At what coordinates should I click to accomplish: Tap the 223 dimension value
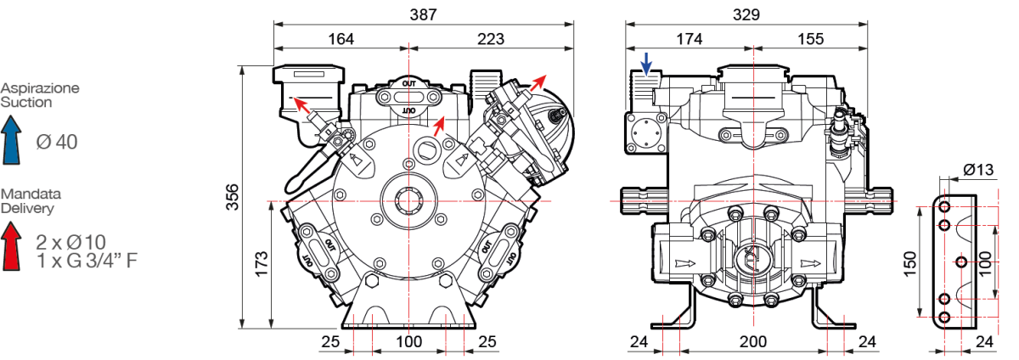[490, 38]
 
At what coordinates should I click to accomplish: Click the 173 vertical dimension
[262, 264]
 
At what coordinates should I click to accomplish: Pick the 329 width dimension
[746, 14]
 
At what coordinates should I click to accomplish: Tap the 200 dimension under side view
[752, 341]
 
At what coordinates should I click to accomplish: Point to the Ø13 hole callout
[978, 171]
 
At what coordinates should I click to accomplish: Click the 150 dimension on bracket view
[909, 263]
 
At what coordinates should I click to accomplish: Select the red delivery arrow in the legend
[12, 247]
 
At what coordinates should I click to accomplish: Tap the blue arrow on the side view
[647, 64]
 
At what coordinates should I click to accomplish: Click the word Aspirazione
[40, 88]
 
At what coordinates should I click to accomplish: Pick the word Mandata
[25, 194]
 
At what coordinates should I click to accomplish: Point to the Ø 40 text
[56, 142]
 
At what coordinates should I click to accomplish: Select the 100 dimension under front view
[409, 341]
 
